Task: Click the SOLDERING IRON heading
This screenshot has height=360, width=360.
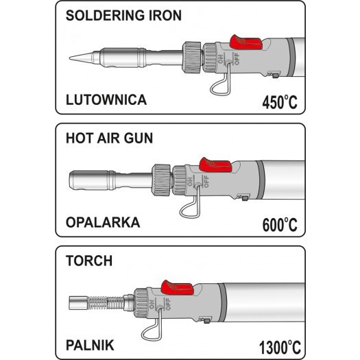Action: pyautogui.click(x=123, y=15)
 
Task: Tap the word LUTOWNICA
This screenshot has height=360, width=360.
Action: pyautogui.click(x=106, y=99)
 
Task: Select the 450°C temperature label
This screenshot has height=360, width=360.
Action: pyautogui.click(x=280, y=101)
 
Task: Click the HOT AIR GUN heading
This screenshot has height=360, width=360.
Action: pyautogui.click(x=109, y=138)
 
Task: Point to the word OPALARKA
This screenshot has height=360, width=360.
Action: pyautogui.click(x=103, y=222)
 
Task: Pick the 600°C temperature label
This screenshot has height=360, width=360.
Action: pyautogui.click(x=280, y=224)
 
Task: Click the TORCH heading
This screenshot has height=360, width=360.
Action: pyautogui.click(x=89, y=261)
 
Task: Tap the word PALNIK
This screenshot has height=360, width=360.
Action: pyautogui.click(x=90, y=345)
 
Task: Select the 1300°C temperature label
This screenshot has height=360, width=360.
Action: pyautogui.click(x=280, y=347)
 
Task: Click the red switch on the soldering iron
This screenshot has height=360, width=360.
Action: pyautogui.click(x=245, y=43)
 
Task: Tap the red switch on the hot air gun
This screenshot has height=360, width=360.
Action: pyautogui.click(x=215, y=165)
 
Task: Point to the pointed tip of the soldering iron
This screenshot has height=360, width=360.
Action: pyautogui.click(x=70, y=58)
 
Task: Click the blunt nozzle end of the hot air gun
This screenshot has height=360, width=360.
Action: pyautogui.click(x=70, y=180)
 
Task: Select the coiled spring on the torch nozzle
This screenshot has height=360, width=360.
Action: pyautogui.click(x=106, y=302)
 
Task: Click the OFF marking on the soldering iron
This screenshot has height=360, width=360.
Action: pyautogui.click(x=237, y=59)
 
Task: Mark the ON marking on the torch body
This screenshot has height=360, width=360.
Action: pyautogui.click(x=152, y=304)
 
